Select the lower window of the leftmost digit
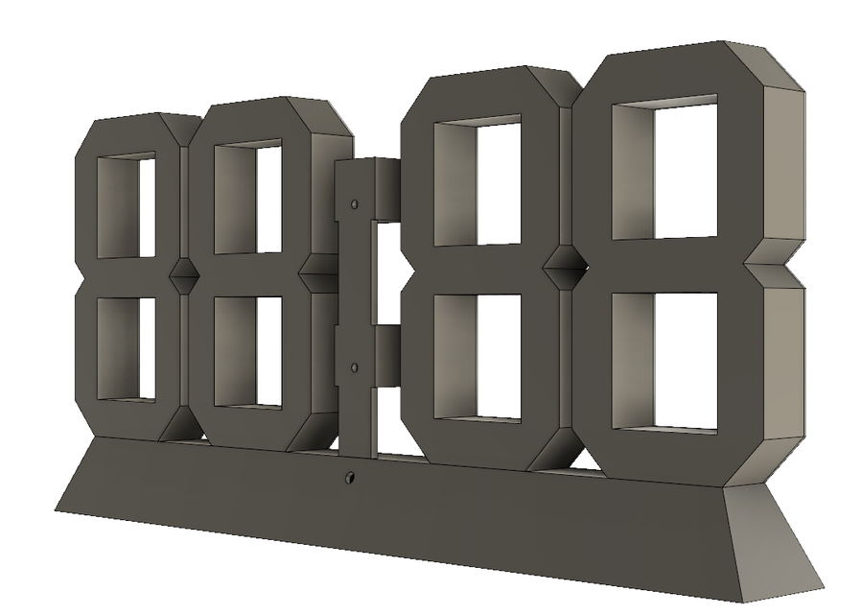(127, 347)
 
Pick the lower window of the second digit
(247, 351)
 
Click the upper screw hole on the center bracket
(355, 205)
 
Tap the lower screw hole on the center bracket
(355, 367)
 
